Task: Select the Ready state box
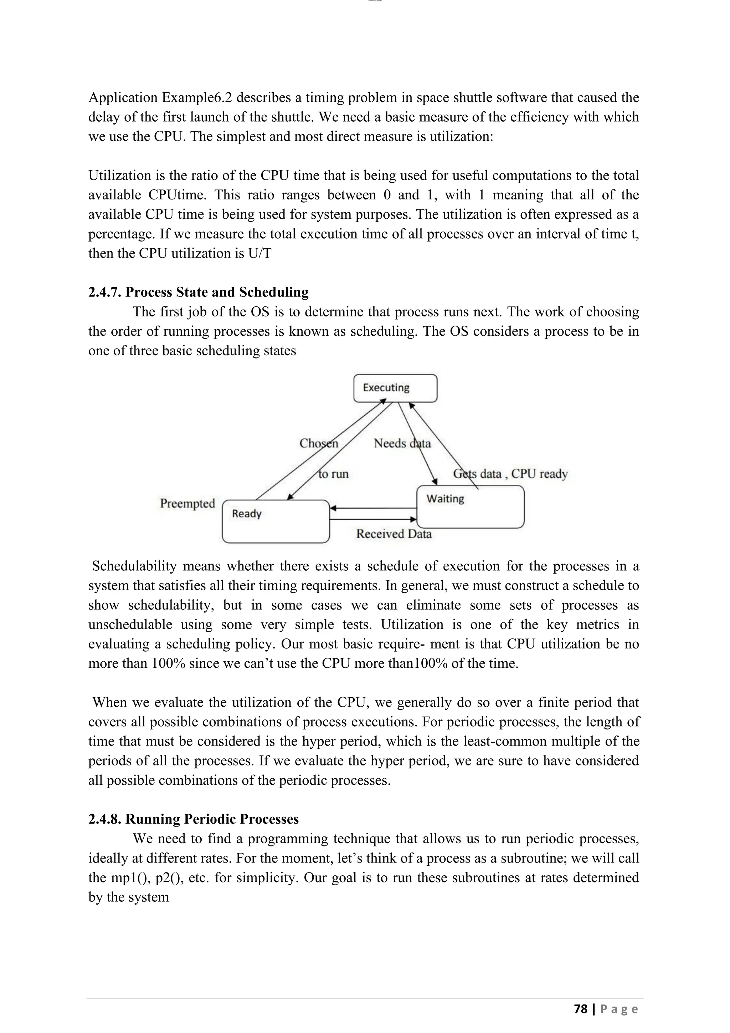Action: [276, 521]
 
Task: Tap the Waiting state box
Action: [470, 507]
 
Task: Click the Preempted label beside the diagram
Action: [187, 503]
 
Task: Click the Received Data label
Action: [394, 534]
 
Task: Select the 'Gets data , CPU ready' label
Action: [510, 474]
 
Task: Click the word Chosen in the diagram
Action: [319, 444]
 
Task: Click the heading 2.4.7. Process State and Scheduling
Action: [198, 292]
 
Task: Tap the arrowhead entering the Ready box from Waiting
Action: [333, 508]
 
